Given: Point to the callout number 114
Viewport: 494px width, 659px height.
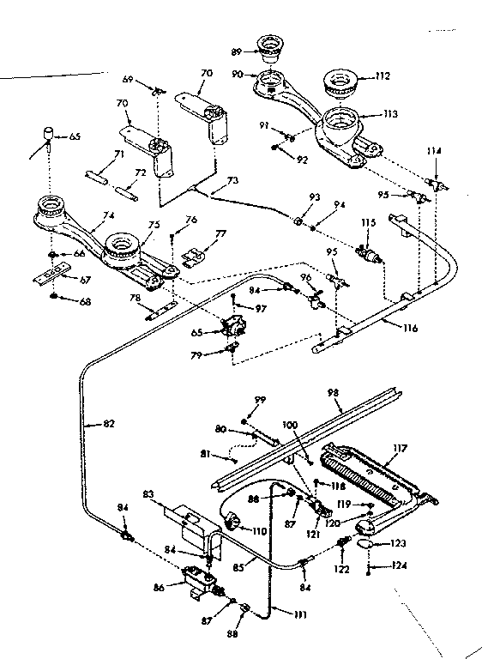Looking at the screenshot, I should click(435, 151).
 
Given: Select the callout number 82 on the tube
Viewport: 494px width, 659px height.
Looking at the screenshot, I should click(107, 422).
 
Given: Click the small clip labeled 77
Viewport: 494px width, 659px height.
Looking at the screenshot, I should click(197, 255).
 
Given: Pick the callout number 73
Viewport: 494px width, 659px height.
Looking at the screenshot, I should click(232, 182).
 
